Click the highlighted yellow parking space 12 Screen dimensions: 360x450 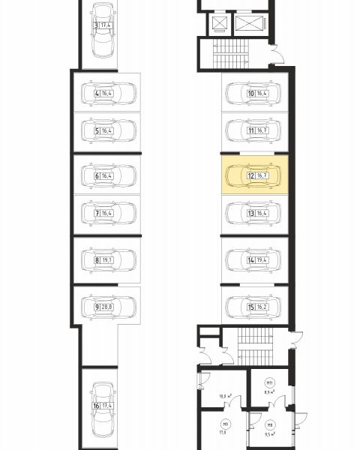(x=255, y=175)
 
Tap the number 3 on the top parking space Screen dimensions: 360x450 (x=96, y=25)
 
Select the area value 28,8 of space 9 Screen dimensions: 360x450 (x=106, y=307)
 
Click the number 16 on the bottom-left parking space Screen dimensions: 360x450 (x=96, y=406)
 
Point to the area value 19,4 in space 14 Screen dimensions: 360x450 (x=262, y=260)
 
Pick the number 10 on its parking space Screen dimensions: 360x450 (x=251, y=94)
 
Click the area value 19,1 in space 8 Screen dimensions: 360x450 (x=106, y=260)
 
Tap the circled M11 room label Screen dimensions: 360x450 (x=269, y=382)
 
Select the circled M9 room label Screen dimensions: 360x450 (x=225, y=424)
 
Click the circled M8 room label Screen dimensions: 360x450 (x=270, y=425)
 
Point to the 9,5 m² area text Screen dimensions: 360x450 (x=269, y=434)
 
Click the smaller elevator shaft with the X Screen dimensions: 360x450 (x=220, y=23)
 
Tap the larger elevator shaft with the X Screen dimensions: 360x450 (x=249, y=23)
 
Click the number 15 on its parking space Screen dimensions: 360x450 (x=251, y=307)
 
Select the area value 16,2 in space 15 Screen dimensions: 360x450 (x=262, y=307)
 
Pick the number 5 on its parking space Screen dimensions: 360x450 (x=97, y=130)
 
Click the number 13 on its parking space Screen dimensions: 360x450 (x=251, y=213)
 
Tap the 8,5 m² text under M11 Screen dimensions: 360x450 (x=269, y=391)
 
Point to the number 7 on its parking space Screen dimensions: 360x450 (x=97, y=213)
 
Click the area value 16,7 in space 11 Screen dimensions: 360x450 (x=262, y=130)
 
